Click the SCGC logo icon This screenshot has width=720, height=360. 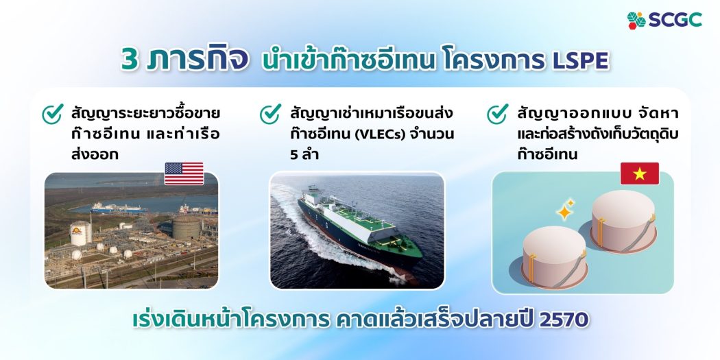[x=636, y=20]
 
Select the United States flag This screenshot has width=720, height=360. [x=184, y=173]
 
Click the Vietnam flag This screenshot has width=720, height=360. [x=640, y=173]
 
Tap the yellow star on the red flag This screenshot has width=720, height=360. [x=640, y=173]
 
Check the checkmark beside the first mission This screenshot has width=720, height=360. [x=53, y=113]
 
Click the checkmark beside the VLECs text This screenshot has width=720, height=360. [x=270, y=113]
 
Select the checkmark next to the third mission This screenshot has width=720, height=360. [x=498, y=113]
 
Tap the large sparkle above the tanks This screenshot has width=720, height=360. [x=564, y=212]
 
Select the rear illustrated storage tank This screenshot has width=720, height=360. [x=623, y=221]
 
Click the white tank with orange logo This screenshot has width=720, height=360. [x=79, y=234]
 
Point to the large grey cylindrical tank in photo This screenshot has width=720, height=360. [x=186, y=228]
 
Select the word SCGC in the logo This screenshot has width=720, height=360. [x=675, y=20]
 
